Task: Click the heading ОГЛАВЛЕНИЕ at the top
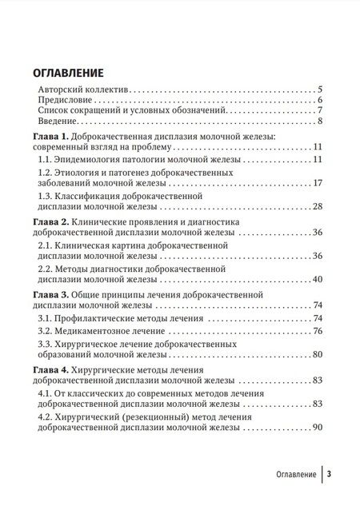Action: point(78,69)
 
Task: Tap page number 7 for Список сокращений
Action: point(318,110)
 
